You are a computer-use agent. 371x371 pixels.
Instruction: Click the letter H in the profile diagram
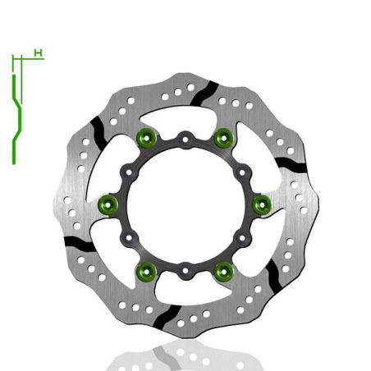[x=38, y=53]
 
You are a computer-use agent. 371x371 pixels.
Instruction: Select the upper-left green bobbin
[x=148, y=138]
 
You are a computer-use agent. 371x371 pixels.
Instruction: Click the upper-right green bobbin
[x=222, y=138]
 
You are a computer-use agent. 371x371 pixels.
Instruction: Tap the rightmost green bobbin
[x=260, y=203]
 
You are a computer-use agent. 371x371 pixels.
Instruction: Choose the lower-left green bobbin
[x=148, y=268]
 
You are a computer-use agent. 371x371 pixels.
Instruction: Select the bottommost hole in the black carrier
[x=185, y=266]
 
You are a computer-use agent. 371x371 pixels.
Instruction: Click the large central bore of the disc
[x=185, y=204]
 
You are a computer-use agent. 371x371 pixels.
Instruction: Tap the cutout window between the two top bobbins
[x=185, y=119]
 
